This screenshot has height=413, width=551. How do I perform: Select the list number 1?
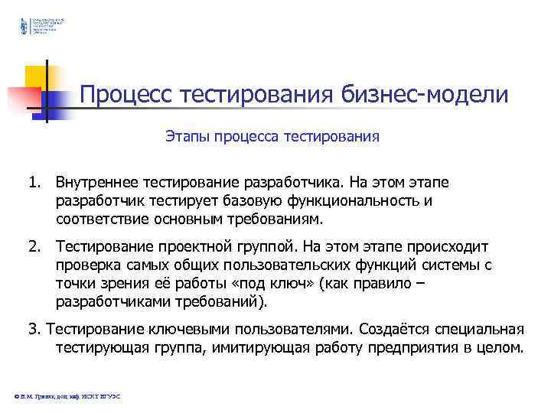(33, 184)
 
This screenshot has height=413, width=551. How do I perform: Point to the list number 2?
(34, 248)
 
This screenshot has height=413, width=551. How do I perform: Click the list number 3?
(34, 330)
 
